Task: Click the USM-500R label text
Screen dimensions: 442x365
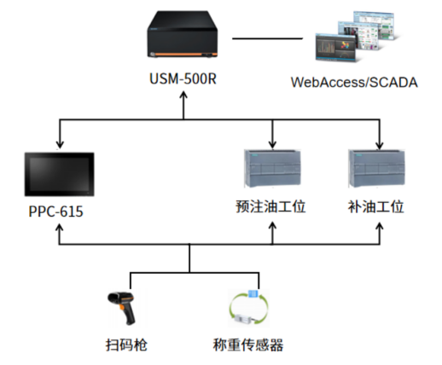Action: click(x=183, y=78)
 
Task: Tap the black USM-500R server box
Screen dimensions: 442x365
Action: click(x=183, y=34)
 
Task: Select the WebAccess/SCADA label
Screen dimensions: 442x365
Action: click(x=354, y=83)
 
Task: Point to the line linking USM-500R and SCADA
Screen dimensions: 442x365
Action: click(x=267, y=38)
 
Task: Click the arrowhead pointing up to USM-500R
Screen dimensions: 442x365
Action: click(x=183, y=96)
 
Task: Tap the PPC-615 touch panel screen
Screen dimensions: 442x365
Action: click(x=60, y=174)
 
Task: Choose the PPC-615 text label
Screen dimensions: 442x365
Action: click(x=55, y=211)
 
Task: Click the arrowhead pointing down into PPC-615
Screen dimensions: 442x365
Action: click(x=60, y=144)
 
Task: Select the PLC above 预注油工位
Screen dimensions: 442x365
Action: click(x=272, y=168)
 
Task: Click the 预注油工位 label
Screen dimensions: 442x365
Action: click(x=270, y=206)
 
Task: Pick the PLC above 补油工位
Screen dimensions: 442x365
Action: click(x=377, y=168)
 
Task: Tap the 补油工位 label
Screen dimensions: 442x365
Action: click(x=376, y=206)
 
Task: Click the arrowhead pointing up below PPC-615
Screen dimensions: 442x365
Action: click(x=59, y=229)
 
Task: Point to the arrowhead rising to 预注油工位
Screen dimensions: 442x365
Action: click(x=272, y=227)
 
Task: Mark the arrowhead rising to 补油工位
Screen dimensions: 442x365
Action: click(x=380, y=227)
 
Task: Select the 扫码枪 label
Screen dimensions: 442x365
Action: click(x=126, y=345)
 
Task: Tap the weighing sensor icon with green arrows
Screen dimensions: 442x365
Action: click(x=249, y=307)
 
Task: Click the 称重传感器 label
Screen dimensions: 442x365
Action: click(x=248, y=345)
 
